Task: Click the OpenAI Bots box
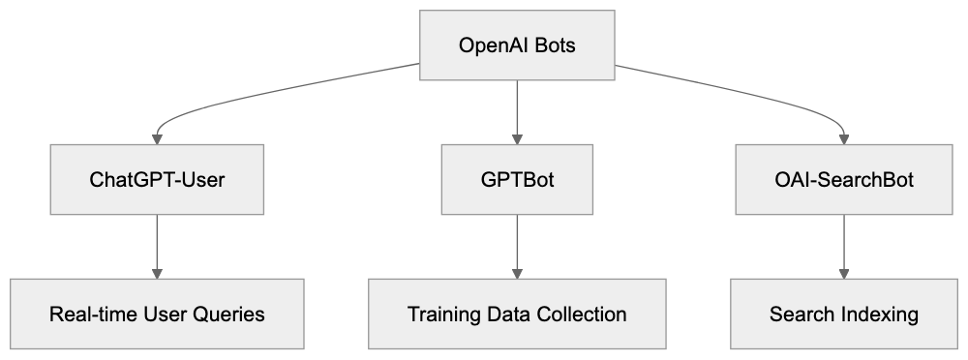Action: [517, 45]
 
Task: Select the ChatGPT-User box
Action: [157, 180]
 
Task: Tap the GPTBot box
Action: [517, 180]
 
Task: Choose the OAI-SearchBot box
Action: [844, 180]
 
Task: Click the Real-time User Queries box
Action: [157, 315]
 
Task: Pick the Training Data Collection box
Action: [517, 315]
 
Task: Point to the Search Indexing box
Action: [844, 315]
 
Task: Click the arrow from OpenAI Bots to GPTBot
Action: [517, 111]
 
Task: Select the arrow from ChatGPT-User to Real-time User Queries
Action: [157, 246]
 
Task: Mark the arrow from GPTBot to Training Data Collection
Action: [517, 246]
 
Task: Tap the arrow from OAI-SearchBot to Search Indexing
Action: [844, 246]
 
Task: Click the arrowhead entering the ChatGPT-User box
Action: [157, 138]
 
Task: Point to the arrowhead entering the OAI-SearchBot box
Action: [844, 138]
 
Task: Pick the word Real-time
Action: [89, 315]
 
